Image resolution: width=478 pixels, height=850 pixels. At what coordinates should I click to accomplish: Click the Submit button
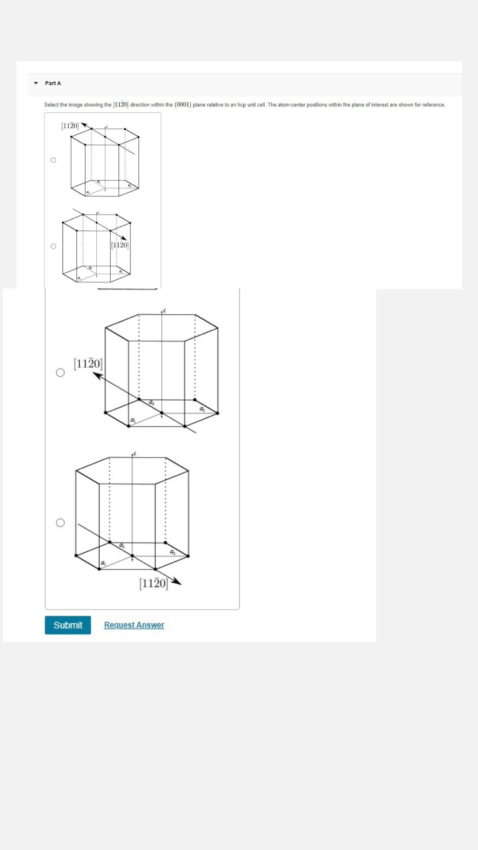coord(68,625)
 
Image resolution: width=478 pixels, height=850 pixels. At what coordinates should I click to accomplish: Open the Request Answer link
coord(134,625)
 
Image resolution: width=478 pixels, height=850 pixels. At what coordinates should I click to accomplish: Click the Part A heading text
coord(53,83)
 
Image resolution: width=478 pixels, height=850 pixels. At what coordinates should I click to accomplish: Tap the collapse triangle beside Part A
coord(36,83)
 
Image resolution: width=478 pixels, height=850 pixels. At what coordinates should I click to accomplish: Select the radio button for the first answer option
coord(53,160)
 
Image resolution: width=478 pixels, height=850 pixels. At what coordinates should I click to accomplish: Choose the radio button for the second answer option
coord(53,246)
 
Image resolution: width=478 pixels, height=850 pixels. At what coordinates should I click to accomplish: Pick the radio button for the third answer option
coord(60,373)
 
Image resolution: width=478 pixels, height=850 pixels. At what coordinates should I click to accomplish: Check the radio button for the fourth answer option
coord(60,523)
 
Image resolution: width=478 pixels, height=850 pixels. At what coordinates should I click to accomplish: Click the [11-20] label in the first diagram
coord(70,126)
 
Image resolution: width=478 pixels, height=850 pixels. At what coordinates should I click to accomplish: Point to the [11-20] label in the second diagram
coord(120,245)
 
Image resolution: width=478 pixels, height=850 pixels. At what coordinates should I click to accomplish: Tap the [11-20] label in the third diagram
coord(88,364)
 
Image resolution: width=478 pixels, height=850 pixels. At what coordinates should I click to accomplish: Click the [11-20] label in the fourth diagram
coord(154,583)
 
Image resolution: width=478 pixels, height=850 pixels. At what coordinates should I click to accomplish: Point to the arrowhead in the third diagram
coord(97,375)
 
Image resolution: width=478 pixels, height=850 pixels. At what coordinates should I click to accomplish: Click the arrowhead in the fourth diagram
coord(176,582)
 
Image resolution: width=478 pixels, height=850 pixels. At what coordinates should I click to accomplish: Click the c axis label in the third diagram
coord(164,311)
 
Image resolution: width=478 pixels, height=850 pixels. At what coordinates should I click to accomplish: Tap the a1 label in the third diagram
coord(132,420)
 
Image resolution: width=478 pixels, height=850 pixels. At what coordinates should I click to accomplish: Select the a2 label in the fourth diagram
coord(172,552)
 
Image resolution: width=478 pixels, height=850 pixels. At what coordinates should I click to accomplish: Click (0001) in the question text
coord(183,105)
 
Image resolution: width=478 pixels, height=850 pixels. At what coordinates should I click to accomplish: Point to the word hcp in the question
coord(242,105)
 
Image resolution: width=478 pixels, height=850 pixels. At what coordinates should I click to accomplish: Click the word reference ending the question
coord(433,105)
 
